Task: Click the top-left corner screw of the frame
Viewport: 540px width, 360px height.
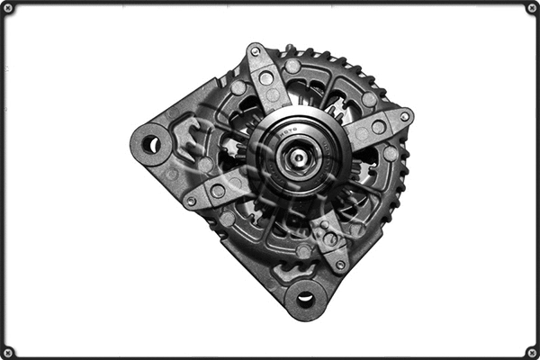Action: click(8, 8)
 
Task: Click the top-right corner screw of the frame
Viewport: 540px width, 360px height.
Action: click(532, 8)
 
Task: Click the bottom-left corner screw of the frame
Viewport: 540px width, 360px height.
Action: click(8, 352)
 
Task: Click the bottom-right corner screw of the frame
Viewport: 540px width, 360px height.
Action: click(532, 352)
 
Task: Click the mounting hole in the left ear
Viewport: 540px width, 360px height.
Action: click(150, 144)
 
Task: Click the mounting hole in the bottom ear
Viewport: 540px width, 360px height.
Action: click(305, 299)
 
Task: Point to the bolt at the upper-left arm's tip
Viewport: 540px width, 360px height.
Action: click(255, 52)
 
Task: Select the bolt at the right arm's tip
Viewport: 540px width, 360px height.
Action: click(404, 116)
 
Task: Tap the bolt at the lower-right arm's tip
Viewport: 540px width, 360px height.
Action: click(340, 265)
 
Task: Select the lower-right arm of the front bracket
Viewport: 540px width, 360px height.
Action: click(328, 238)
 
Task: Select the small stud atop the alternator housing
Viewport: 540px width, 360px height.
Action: click(290, 49)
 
